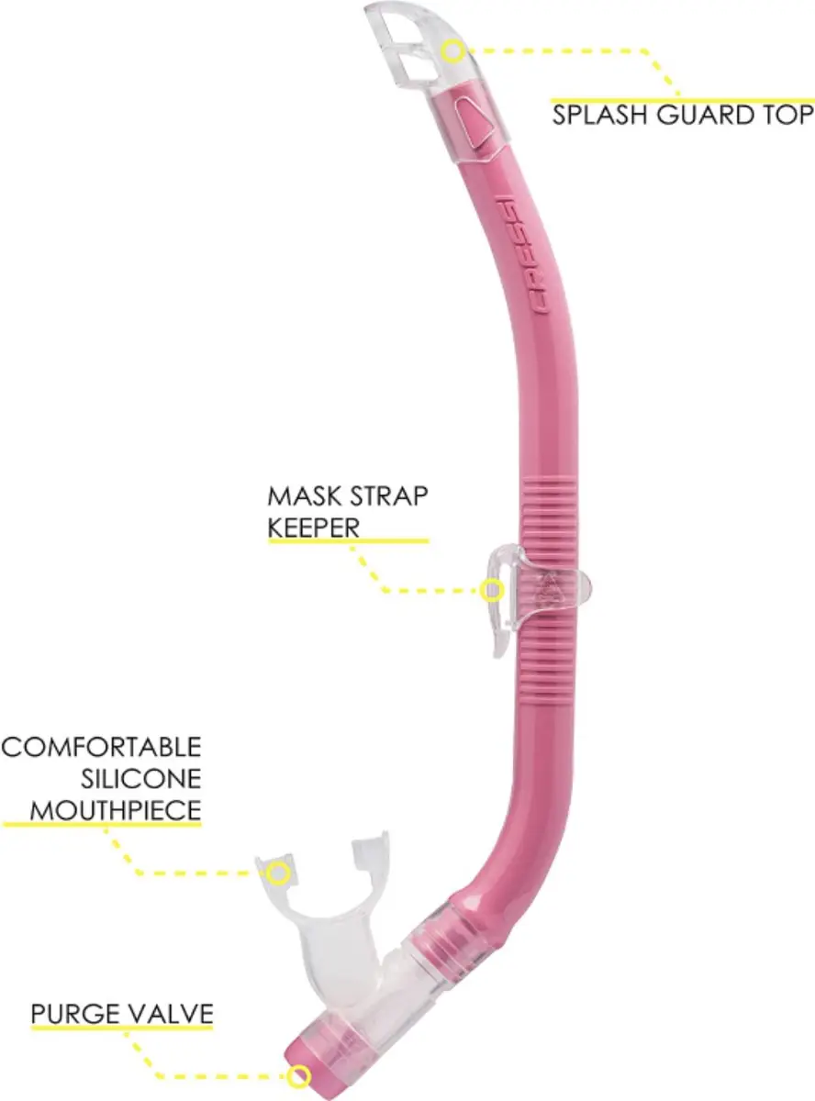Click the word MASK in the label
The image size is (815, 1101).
click(x=298, y=495)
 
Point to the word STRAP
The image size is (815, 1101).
click(x=382, y=495)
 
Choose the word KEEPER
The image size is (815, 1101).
click(x=313, y=528)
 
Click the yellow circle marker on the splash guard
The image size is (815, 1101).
click(x=453, y=50)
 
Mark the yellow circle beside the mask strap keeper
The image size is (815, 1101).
click(x=492, y=591)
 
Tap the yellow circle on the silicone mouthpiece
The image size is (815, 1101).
click(x=278, y=873)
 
